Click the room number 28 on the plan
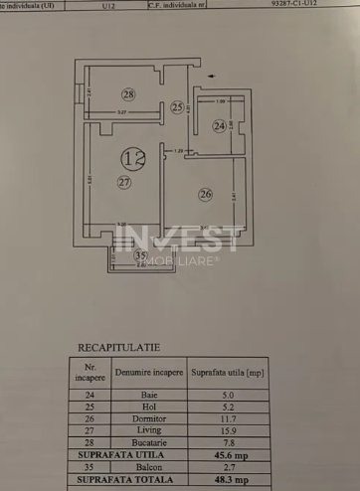pos(128,94)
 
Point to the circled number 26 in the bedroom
pos(205,194)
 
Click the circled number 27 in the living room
pos(124,182)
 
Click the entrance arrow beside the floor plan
pos(210,75)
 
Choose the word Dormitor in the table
pos(148,415)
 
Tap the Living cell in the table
pos(148,427)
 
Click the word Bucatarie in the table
pos(148,438)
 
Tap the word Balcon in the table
pos(148,461)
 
